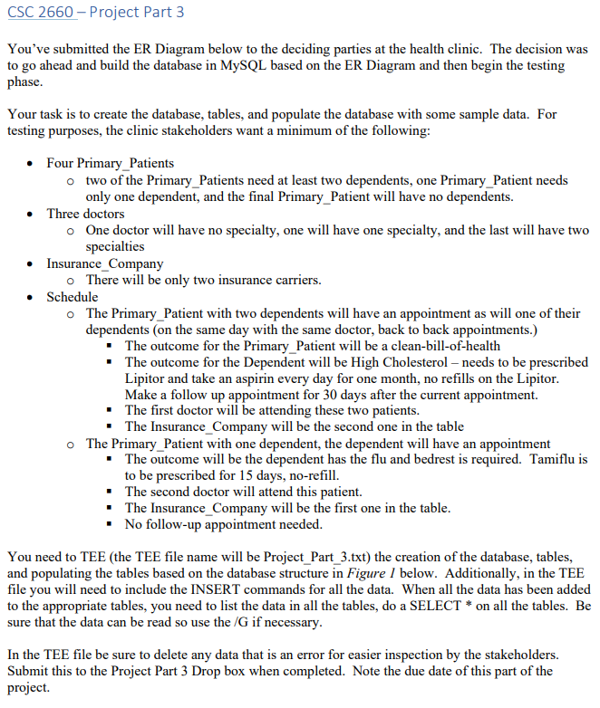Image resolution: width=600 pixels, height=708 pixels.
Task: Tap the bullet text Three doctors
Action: [x=86, y=214]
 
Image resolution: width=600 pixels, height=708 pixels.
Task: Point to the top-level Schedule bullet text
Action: [x=73, y=297]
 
